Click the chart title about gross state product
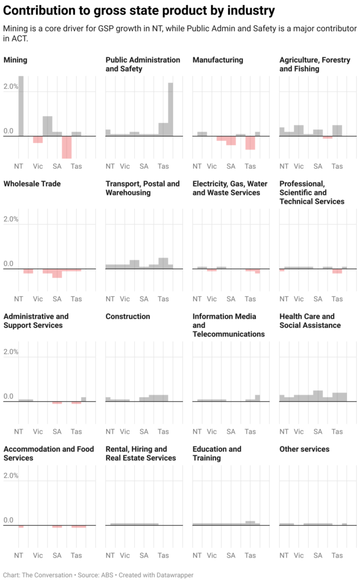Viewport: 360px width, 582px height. [x=139, y=10]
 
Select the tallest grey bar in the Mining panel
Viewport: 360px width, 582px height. [x=20, y=106]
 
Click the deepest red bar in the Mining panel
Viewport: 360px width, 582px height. [x=67, y=147]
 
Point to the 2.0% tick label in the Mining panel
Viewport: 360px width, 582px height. [x=11, y=86]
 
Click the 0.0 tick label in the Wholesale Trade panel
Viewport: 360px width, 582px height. [x=9, y=264]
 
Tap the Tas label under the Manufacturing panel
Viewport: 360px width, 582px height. [x=250, y=166]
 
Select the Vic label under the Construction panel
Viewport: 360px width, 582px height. [x=125, y=431]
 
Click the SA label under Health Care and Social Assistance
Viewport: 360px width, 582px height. [x=318, y=431]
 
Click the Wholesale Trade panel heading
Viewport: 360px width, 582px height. [x=32, y=184]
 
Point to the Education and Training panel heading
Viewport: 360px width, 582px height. [x=217, y=453]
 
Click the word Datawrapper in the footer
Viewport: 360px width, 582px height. [x=170, y=575]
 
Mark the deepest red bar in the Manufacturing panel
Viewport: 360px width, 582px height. [x=250, y=143]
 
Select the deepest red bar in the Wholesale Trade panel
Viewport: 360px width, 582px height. [x=57, y=273]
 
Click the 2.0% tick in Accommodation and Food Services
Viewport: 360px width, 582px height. [x=11, y=475]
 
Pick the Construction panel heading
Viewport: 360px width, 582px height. [x=128, y=316]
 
